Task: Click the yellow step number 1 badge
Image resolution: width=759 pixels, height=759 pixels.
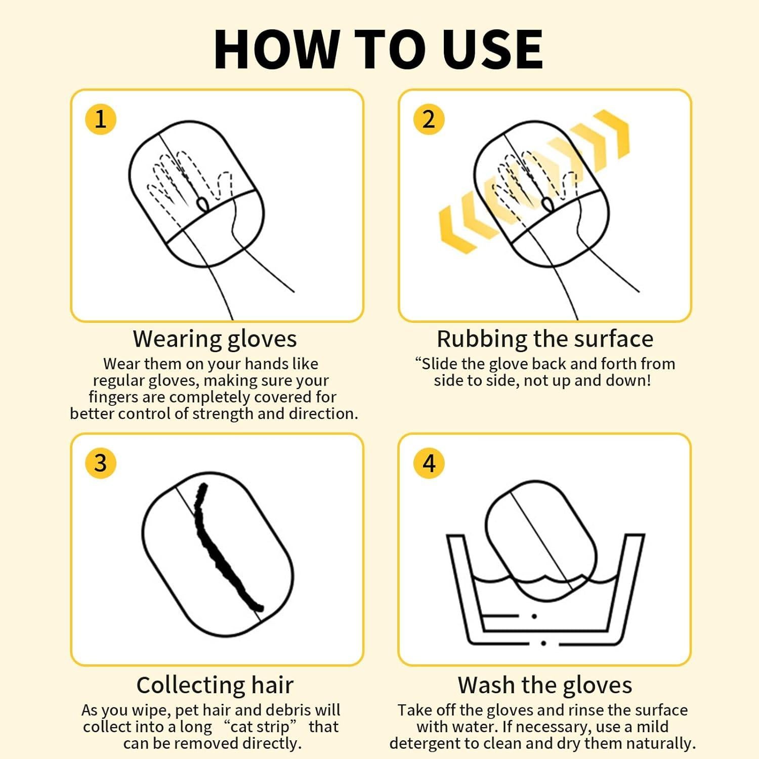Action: [101, 119]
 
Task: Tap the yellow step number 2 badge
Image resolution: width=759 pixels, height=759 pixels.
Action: [429, 119]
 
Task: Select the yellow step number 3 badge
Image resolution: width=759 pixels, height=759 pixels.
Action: [101, 463]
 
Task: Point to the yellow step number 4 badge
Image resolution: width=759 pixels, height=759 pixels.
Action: [429, 463]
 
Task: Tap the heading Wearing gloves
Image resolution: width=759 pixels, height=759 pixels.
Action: [215, 339]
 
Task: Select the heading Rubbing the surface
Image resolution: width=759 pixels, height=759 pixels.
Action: [544, 339]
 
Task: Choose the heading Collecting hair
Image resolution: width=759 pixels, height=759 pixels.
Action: [215, 685]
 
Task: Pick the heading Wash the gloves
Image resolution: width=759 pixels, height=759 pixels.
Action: [544, 685]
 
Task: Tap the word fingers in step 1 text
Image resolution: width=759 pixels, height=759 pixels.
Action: [113, 397]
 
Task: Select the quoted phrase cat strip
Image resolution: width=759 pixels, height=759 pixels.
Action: [260, 727]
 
